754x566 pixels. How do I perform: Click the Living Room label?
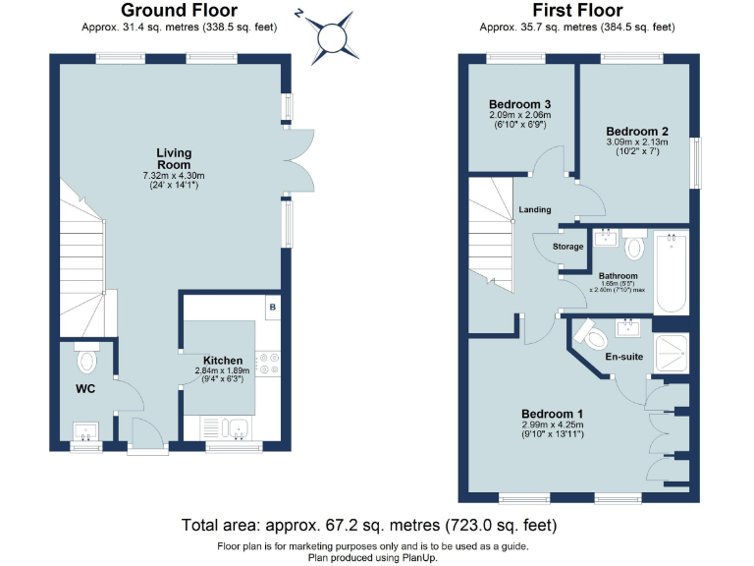(x=174, y=159)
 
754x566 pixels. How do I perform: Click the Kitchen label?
(x=223, y=360)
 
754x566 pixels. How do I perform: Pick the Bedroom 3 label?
(x=519, y=104)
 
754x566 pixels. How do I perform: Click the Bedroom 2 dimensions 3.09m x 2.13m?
(x=637, y=141)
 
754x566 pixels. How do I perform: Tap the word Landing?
(x=534, y=209)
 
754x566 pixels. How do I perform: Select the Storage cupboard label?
(x=567, y=247)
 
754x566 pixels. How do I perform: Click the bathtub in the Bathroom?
(x=672, y=271)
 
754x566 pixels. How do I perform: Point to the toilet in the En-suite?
(x=591, y=334)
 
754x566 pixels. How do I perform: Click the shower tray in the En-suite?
(x=672, y=353)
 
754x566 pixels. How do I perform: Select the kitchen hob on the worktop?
(x=267, y=365)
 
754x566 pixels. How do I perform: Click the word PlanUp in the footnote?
(x=418, y=557)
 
